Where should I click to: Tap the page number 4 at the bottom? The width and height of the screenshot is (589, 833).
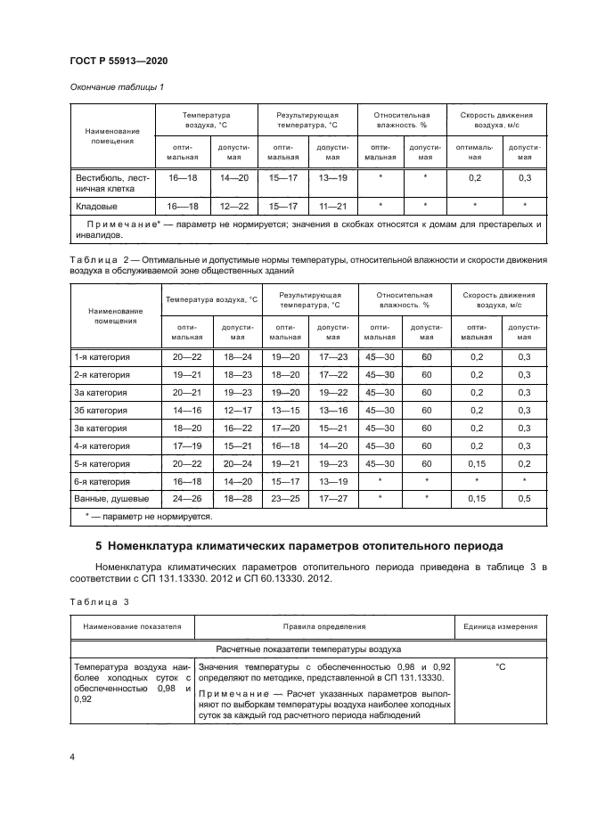point(72,756)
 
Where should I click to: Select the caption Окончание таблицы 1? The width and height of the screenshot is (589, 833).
point(116,87)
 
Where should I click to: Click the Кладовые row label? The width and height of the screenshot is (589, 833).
point(95,206)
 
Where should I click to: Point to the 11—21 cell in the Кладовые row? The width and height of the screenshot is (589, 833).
point(332,206)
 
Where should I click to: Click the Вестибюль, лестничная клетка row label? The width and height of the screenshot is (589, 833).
point(113,183)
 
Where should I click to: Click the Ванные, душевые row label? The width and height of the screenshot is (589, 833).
point(110,497)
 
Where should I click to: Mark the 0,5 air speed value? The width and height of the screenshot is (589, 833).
point(525,497)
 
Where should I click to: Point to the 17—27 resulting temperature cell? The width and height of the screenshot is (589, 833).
point(332,497)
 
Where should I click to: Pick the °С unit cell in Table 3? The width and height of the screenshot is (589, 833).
point(499,666)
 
